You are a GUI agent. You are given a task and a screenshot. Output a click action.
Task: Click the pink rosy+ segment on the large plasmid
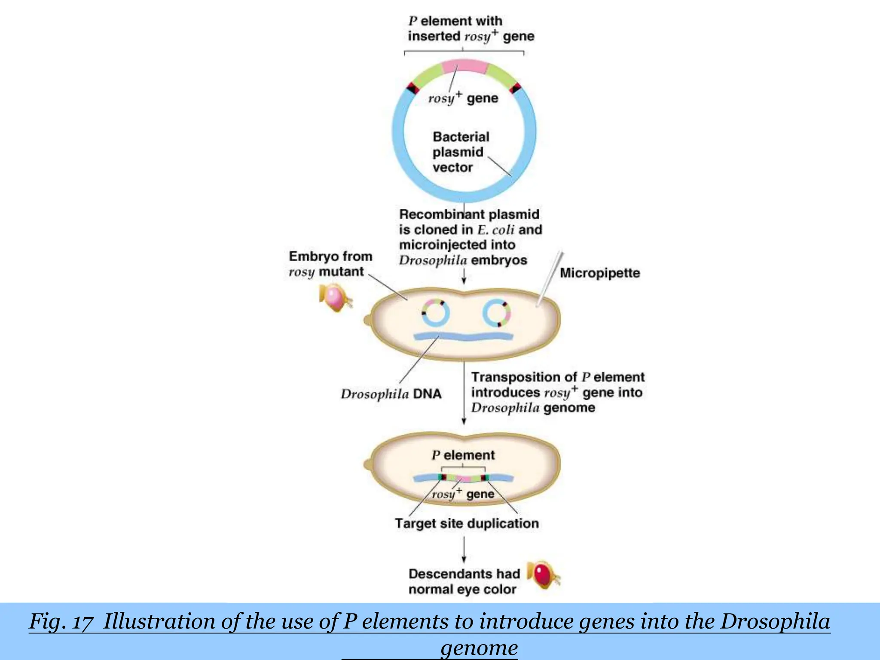coord(465,67)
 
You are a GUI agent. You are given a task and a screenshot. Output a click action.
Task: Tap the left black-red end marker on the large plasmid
coord(413,88)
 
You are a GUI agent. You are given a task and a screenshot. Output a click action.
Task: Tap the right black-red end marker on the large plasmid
coord(515,88)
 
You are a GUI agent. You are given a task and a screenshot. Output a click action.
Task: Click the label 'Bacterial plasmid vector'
coord(460,152)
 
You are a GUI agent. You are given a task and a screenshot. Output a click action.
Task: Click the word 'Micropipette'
coord(600,273)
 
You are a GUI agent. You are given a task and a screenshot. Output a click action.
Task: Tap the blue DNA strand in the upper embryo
coord(463,336)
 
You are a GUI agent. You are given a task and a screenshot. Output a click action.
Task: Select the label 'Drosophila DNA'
coord(391,394)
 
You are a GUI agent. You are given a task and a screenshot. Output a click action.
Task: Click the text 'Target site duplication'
coord(467,523)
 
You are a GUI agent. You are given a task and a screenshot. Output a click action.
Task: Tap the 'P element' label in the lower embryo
coord(463,455)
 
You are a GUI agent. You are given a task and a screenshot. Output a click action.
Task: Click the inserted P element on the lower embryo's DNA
coord(463,478)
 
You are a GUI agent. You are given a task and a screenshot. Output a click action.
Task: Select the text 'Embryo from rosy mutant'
coord(330,264)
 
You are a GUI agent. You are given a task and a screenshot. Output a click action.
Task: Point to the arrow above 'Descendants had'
coord(464,550)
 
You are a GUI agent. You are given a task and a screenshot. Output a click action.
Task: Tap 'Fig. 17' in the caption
coord(61,622)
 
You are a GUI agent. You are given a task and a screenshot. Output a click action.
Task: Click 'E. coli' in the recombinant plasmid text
coord(496,229)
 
